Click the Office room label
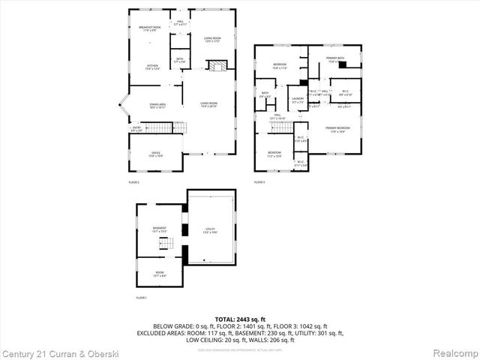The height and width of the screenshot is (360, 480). [156, 154]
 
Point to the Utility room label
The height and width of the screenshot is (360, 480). [211, 229]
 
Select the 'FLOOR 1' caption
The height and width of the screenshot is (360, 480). [141, 298]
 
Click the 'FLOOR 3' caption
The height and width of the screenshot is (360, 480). [259, 182]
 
